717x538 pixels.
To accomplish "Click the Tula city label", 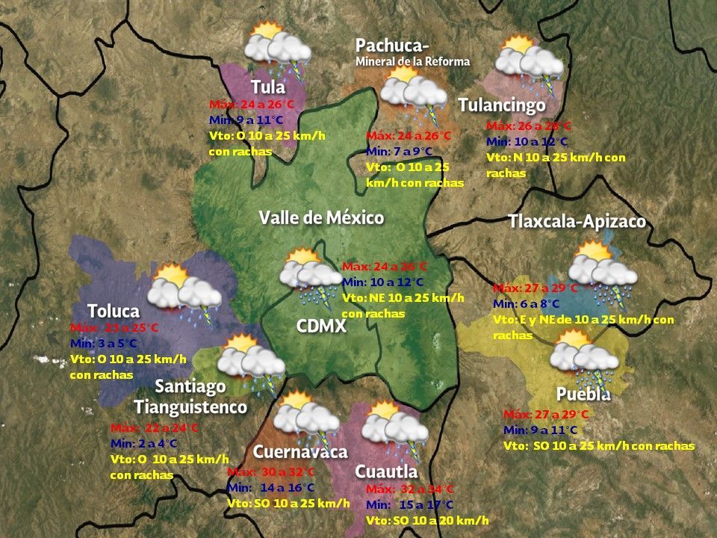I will tap(268, 87).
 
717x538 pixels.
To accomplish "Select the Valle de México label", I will tap(321, 217).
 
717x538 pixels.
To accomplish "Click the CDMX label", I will tap(321, 326).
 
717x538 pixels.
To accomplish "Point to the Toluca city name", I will tap(113, 311).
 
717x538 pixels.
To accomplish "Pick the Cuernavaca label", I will tap(300, 452).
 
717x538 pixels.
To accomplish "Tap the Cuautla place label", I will tap(386, 471).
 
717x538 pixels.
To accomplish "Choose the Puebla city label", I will tap(583, 394).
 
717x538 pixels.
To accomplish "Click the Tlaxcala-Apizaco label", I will tap(577, 222).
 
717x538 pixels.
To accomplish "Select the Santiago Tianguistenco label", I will tap(190, 397).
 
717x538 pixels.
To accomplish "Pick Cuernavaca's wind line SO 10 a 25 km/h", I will tap(288, 503).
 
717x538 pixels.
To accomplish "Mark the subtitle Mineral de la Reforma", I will tap(412, 61).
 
